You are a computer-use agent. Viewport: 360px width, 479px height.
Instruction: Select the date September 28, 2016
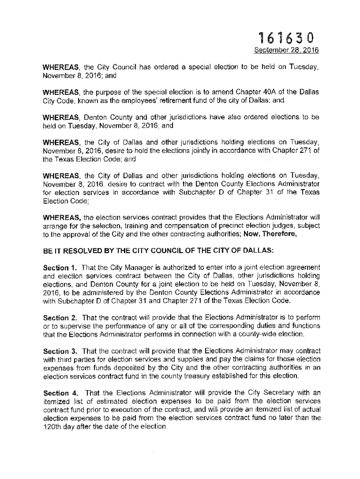(x=286, y=51)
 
